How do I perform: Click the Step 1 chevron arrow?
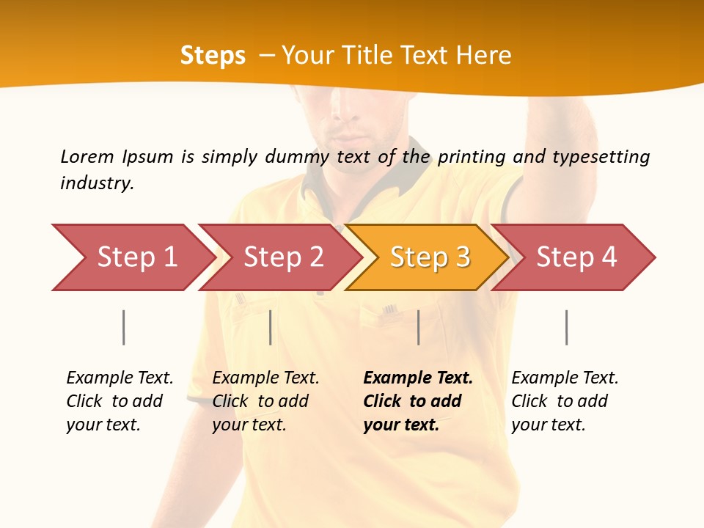coord(132,257)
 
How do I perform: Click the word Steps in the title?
coord(213,56)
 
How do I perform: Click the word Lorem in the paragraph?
coord(87,156)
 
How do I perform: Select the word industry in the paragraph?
coord(97,183)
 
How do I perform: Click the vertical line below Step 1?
coord(124,327)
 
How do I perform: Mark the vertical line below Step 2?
coord(271,327)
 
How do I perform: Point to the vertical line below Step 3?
coord(419,327)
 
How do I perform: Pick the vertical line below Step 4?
coord(566,327)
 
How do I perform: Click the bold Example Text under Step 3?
coord(418,378)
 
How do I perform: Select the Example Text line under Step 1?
coord(120,378)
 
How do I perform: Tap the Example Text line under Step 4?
coord(565,378)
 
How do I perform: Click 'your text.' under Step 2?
coord(249,425)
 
